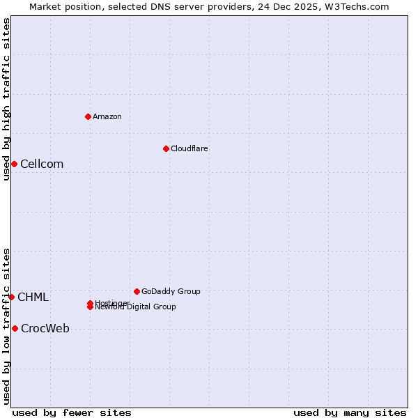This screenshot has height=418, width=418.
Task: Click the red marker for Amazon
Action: click(88, 116)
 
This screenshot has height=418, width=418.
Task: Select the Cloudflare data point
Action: click(166, 148)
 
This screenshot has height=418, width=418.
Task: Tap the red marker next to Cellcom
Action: click(14, 164)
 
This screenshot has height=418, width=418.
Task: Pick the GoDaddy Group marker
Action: click(137, 291)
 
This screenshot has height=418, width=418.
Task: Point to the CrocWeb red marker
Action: click(15, 328)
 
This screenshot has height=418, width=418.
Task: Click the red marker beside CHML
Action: click(12, 297)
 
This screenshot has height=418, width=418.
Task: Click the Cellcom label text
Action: click(42, 164)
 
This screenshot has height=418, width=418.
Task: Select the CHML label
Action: click(33, 297)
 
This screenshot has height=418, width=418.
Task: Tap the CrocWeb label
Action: click(45, 329)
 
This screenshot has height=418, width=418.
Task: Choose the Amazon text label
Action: click(107, 116)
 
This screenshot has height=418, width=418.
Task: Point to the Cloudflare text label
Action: click(189, 148)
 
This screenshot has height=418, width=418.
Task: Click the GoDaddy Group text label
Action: click(171, 291)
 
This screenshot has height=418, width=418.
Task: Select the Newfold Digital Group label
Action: click(137, 307)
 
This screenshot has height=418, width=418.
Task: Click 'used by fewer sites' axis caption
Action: click(72, 412)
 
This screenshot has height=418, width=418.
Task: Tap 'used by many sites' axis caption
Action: click(350, 412)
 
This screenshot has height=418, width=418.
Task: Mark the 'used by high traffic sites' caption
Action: click(6, 100)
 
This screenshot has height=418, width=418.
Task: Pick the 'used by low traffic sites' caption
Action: click(6, 326)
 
